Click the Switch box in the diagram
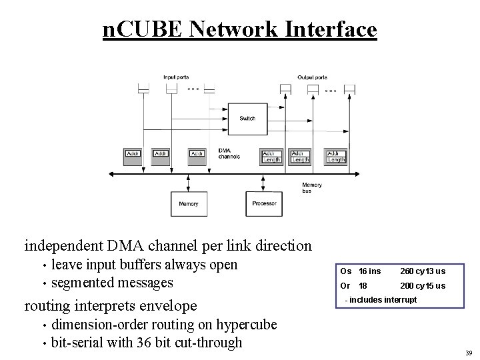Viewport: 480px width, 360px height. point(247,118)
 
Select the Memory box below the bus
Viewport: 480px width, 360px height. point(189,203)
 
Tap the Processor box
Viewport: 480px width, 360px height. point(264,203)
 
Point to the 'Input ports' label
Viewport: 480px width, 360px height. point(176,77)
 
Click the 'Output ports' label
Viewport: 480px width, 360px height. point(312,77)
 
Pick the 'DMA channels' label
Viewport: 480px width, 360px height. point(229,154)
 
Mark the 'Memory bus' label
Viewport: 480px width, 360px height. point(312,187)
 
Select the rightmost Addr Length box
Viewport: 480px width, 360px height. point(337,156)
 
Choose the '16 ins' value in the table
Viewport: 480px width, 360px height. point(370,271)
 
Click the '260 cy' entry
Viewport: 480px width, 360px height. point(411,271)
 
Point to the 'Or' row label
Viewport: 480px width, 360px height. point(345,286)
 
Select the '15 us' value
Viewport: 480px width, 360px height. point(436,286)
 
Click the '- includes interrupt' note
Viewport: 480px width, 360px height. point(381,300)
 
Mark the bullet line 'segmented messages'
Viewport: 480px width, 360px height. point(112,283)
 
